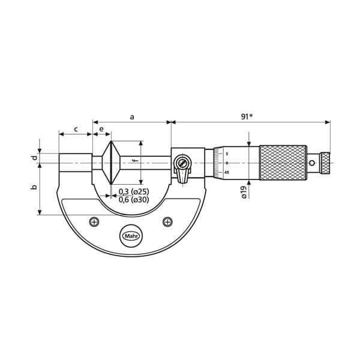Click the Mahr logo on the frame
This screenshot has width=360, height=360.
coord(131,236)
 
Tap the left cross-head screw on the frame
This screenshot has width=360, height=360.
coord(94,222)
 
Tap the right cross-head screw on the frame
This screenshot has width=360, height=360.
coord(167,222)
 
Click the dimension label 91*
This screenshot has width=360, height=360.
coord(247,116)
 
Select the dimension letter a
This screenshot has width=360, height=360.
coord(132,117)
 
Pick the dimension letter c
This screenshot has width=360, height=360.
coord(76,129)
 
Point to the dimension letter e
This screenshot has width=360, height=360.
coord(101,129)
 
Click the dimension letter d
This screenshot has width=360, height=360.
coord(34,158)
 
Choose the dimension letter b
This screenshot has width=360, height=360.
coord(34,187)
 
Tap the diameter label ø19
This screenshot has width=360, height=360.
coord(244,192)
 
